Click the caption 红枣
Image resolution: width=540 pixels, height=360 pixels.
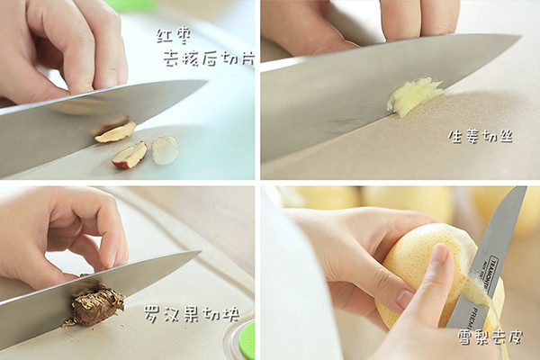point(174,36)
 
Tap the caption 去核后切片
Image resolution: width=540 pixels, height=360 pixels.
point(209,58)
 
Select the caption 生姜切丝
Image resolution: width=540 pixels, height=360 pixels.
point(481,137)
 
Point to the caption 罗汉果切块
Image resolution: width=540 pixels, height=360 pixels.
point(192,313)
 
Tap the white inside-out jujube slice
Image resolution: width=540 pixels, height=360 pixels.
point(165,150)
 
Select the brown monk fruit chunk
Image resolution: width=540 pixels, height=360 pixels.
point(94,304)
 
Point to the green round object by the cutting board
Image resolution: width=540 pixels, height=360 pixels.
point(247,340)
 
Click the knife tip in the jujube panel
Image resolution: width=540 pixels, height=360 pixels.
point(207,82)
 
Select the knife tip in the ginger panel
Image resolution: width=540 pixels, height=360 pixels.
point(520,35)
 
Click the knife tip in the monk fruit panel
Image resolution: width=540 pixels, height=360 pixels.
point(200,251)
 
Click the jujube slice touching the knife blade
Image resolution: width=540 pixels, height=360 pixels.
point(115,131)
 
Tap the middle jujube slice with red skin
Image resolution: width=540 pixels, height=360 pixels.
point(130,155)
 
